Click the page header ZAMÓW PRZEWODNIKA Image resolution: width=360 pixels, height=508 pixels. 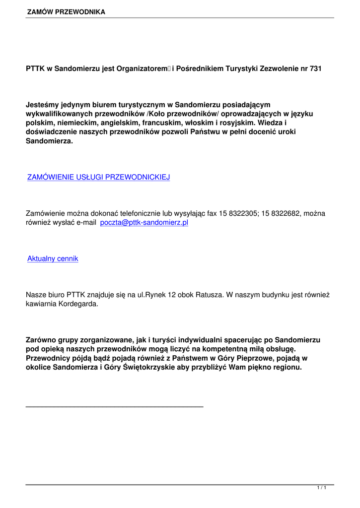click(x=66, y=12)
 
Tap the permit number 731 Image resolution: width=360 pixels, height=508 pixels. click(x=315, y=68)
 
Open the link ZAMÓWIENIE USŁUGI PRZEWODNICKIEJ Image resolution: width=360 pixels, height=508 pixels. click(x=98, y=177)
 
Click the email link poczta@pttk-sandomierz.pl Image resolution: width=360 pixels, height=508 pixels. click(x=144, y=223)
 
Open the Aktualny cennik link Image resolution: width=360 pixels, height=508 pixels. click(x=53, y=258)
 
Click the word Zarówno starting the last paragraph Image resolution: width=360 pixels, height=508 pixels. click(x=42, y=340)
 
